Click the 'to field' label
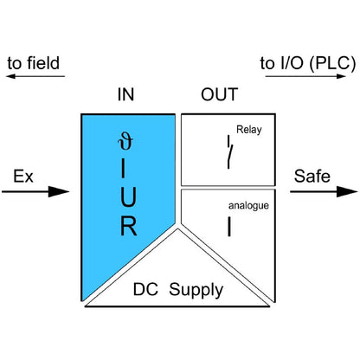35,64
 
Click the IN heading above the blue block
126,95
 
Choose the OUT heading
220,95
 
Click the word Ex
24,177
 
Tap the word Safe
312,177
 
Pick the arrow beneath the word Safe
322,191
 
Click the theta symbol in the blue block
127,138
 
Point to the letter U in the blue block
127,197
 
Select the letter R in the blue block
127,228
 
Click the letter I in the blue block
127,167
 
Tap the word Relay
249,132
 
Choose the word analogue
249,206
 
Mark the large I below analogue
228,228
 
